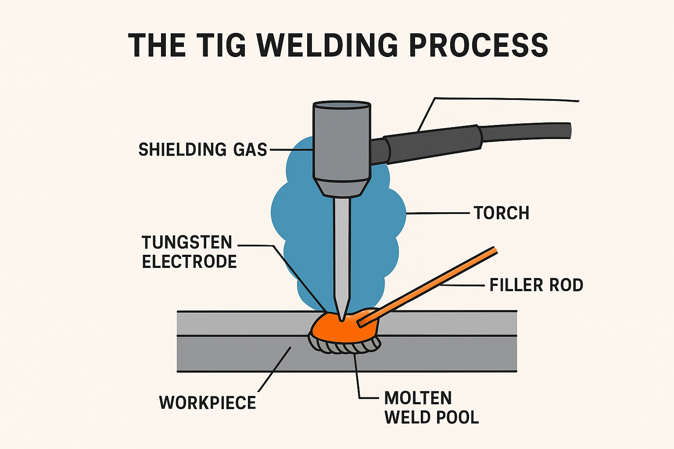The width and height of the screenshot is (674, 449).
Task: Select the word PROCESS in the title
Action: pyautogui.click(x=478, y=45)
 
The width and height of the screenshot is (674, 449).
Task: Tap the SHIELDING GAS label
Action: pyautogui.click(x=203, y=150)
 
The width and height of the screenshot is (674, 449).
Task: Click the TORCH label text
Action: pyautogui.click(x=502, y=213)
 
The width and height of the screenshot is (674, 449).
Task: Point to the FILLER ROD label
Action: pyautogui.click(x=536, y=285)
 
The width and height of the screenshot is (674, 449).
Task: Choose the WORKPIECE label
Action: pyautogui.click(x=208, y=403)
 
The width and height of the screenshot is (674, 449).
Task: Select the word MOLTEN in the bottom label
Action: pyautogui.click(x=418, y=398)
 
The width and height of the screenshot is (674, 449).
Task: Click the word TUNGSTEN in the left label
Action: pyautogui.click(x=187, y=242)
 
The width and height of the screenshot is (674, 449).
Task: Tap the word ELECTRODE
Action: pyautogui.click(x=189, y=262)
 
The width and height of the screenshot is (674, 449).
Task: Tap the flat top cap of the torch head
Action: pyautogui.click(x=342, y=106)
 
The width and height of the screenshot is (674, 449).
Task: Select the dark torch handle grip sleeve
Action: pyautogui.click(x=432, y=143)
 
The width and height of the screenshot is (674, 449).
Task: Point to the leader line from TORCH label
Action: pyautogui.click(x=439, y=213)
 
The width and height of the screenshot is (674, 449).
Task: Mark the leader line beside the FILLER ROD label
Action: pyautogui.click(x=465, y=285)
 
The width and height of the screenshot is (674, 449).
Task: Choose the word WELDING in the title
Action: pyautogui.click(x=327, y=45)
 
